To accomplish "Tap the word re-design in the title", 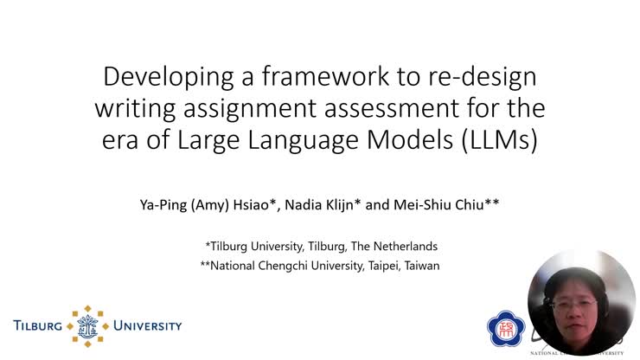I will [481, 77].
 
